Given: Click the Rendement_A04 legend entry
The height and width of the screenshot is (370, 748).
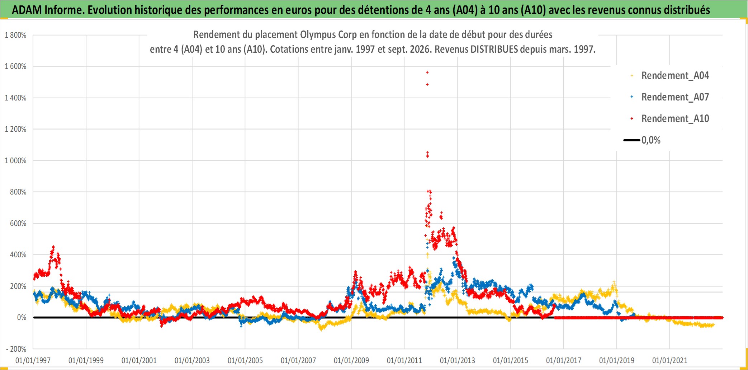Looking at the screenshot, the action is click(669, 76).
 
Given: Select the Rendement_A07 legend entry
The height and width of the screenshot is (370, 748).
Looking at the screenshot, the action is click(669, 97).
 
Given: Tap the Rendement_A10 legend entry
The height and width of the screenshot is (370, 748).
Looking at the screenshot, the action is click(669, 119).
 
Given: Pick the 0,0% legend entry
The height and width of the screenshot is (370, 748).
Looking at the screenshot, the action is click(642, 140).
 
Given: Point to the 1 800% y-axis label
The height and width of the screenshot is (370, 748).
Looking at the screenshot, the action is click(15, 35).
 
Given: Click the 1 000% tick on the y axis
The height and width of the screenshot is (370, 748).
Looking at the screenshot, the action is click(15, 161).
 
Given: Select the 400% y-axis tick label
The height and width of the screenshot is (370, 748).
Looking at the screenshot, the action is click(18, 255).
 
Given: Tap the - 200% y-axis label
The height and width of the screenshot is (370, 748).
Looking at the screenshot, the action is click(16, 349).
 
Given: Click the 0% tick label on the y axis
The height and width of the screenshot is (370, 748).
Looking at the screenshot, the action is click(22, 318).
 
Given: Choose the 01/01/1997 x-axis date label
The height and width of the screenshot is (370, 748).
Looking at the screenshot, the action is click(33, 360).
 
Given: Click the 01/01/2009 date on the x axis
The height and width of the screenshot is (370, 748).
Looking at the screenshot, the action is click(351, 360).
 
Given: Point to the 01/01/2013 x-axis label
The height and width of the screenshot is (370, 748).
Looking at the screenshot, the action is click(458, 360).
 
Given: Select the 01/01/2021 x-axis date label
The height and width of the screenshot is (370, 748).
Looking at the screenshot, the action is click(670, 360).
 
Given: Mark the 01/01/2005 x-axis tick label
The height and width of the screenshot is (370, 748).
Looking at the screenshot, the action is click(245, 360).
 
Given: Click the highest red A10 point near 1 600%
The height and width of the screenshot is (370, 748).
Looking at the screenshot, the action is click(427, 72).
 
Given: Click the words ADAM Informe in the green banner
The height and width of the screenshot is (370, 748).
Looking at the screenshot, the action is click(48, 10).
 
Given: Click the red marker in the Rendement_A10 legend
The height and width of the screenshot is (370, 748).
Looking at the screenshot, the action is click(632, 119).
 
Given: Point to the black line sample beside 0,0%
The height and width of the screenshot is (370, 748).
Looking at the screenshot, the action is click(632, 140).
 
